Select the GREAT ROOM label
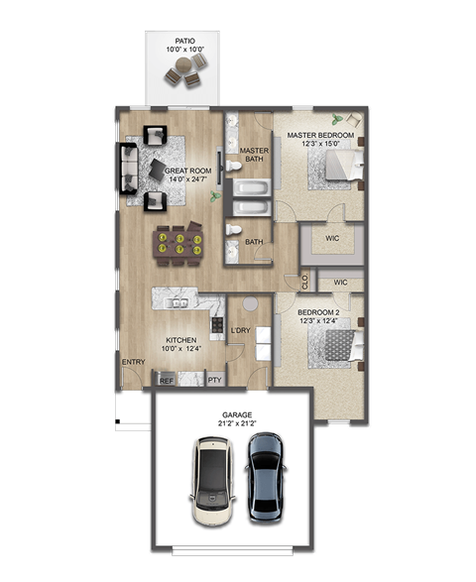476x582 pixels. pyautogui.click(x=187, y=171)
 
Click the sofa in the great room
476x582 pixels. pyautogui.click(x=128, y=169)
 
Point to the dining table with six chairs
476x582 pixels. pyautogui.click(x=179, y=241)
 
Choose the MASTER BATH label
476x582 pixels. pyautogui.click(x=254, y=155)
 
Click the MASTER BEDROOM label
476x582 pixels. pyautogui.click(x=320, y=135)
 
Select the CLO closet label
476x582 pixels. pyautogui.click(x=304, y=282)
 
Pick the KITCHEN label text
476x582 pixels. pyautogui.click(x=180, y=340)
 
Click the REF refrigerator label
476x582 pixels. pyautogui.click(x=167, y=380)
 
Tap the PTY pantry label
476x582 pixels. pyautogui.click(x=214, y=380)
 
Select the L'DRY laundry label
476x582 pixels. pyautogui.click(x=240, y=329)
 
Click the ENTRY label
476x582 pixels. pyautogui.click(x=133, y=362)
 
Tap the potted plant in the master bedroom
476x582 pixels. pyautogui.click(x=341, y=118)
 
